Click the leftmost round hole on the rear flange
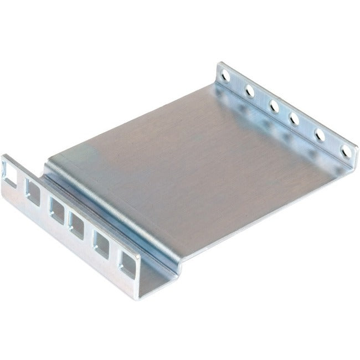225,72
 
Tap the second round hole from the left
250,89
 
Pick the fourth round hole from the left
294,119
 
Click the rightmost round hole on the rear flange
346,151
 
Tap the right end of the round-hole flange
353,161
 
